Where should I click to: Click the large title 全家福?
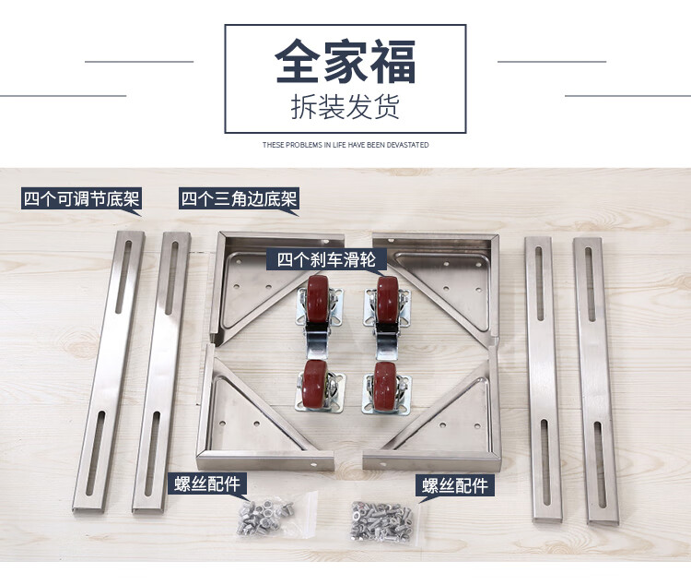point(345,61)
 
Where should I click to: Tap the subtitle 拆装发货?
point(345,106)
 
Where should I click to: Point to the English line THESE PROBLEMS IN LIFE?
point(345,145)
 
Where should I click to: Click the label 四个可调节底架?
point(81,198)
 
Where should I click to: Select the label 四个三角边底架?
point(239,198)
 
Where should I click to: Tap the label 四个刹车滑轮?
point(326,259)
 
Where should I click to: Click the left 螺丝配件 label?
point(206,484)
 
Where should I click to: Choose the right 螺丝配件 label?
point(455,485)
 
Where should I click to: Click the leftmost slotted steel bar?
point(109,372)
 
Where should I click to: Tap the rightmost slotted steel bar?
point(596,381)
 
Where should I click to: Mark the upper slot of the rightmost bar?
point(590,284)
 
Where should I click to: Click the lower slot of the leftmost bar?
point(95,452)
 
